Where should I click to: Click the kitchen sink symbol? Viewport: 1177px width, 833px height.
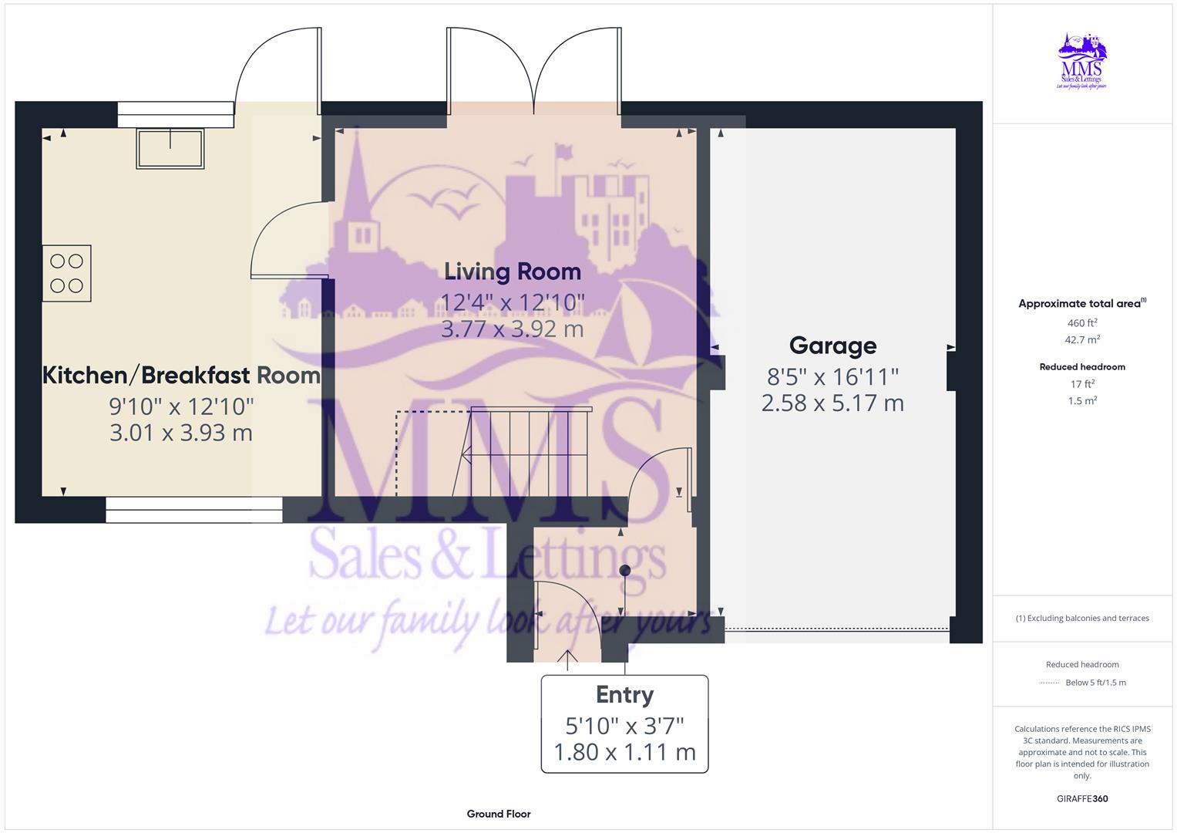pyautogui.click(x=170, y=148)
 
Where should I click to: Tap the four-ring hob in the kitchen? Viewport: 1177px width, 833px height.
pyautogui.click(x=67, y=273)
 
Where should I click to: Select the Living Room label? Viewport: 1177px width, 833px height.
pyautogui.click(x=512, y=271)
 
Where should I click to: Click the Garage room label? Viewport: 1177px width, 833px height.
pyautogui.click(x=832, y=346)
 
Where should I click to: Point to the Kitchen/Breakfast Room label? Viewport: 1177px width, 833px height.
pyautogui.click(x=181, y=376)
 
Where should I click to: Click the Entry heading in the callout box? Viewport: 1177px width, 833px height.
pyautogui.click(x=624, y=695)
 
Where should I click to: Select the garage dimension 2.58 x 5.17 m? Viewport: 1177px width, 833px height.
pyautogui.click(x=832, y=403)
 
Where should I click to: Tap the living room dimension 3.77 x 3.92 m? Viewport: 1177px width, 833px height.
pyautogui.click(x=512, y=329)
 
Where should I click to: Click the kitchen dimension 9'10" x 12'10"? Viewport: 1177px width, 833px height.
pyautogui.click(x=181, y=406)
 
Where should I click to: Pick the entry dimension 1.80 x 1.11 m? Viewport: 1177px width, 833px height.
pyautogui.click(x=624, y=752)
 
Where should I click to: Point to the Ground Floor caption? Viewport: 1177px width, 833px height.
pyautogui.click(x=499, y=814)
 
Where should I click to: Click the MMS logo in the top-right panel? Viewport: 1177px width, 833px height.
pyautogui.click(x=1082, y=61)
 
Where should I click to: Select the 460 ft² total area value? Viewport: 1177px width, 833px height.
pyautogui.click(x=1082, y=323)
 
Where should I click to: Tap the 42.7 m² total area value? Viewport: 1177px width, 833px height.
pyautogui.click(x=1082, y=339)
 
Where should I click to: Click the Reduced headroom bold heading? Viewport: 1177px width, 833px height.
pyautogui.click(x=1082, y=367)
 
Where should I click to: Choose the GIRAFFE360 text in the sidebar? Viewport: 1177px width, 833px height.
pyautogui.click(x=1082, y=799)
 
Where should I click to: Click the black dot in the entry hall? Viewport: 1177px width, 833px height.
pyautogui.click(x=625, y=571)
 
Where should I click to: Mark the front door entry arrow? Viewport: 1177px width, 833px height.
pyautogui.click(x=568, y=657)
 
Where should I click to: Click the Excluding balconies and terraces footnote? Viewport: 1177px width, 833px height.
pyautogui.click(x=1082, y=618)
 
